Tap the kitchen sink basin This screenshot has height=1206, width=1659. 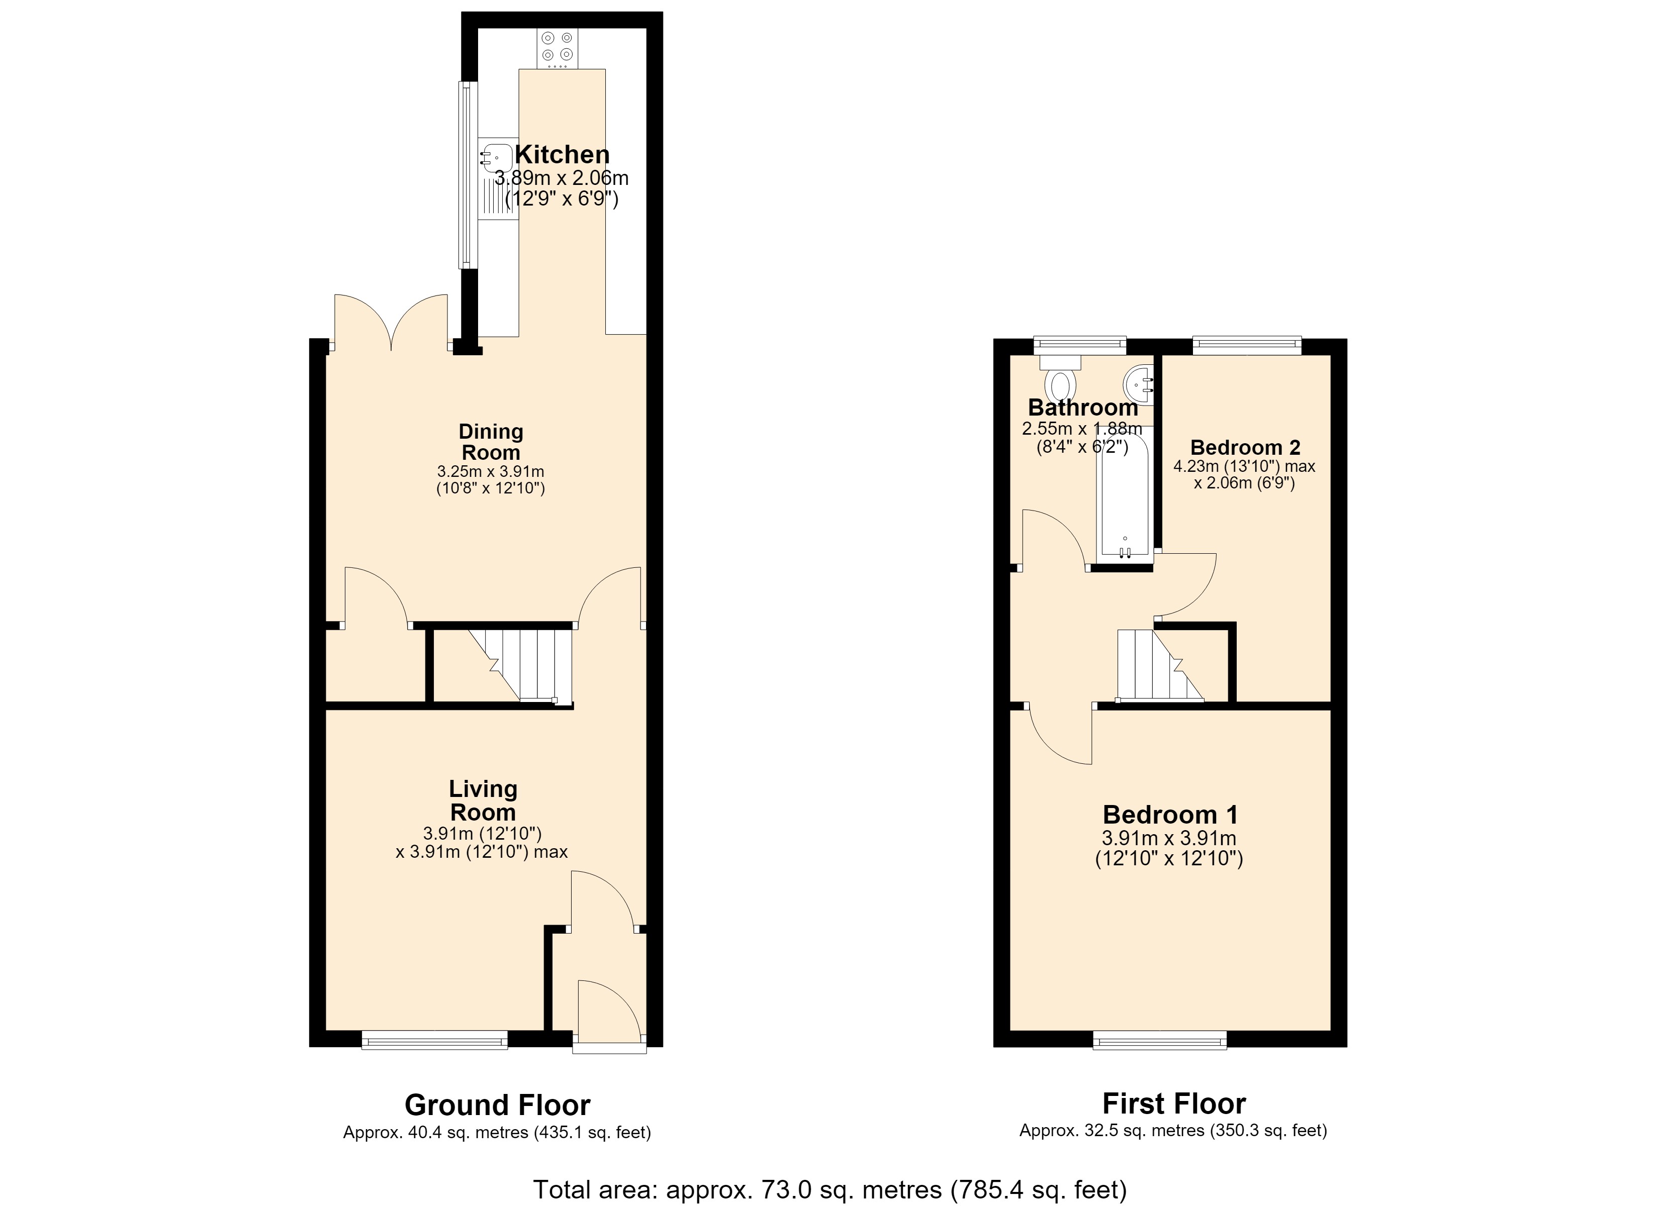(497, 158)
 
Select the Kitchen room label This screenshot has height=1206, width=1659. (562, 155)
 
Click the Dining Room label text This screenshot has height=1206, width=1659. (491, 442)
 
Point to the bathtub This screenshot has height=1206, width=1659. (1125, 496)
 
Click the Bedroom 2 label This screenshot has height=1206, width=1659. (1245, 448)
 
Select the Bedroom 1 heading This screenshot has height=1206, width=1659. (1170, 815)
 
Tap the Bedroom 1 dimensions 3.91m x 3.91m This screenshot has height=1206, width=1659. (1169, 839)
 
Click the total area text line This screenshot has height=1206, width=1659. (829, 1190)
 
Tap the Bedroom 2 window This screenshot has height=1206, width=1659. (1247, 345)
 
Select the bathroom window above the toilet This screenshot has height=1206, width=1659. (1080, 345)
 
